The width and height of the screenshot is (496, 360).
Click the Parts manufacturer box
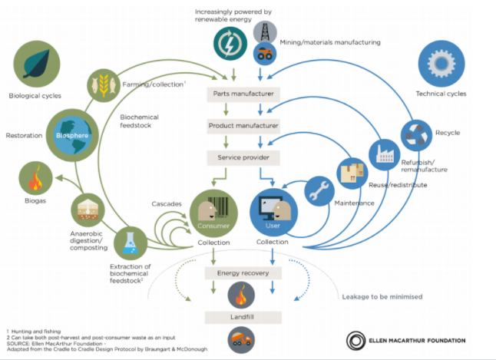tap(243, 94)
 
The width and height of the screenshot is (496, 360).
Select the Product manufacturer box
tap(243, 126)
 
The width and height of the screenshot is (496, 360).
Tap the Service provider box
tap(243, 157)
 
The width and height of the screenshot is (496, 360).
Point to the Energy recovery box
tap(243, 273)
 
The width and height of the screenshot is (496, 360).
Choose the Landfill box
tap(243, 317)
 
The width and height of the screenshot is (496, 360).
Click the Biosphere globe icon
tap(72, 135)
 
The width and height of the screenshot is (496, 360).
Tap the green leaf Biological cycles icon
tap(37, 64)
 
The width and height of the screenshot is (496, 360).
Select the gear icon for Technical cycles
tap(441, 63)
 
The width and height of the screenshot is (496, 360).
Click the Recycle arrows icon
tap(416, 135)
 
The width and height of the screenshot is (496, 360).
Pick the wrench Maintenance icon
tap(319, 191)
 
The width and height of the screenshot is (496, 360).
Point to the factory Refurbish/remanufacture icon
tap(385, 155)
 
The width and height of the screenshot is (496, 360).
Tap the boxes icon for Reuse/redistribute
tap(352, 173)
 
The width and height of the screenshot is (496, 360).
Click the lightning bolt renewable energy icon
tap(230, 44)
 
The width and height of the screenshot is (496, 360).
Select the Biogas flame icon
tap(36, 178)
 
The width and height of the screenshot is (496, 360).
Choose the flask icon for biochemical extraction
tap(131, 243)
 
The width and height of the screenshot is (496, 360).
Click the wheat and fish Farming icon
tap(104, 85)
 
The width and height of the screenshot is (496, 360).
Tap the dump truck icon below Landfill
tap(241, 340)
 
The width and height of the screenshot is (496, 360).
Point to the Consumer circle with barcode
tap(213, 213)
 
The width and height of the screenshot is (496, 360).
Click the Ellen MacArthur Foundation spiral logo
tap(355, 341)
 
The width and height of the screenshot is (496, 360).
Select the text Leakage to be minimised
tap(382, 297)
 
